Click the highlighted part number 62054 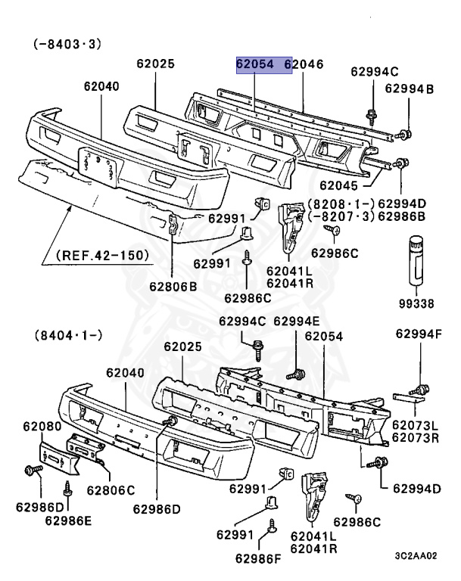(x=254, y=66)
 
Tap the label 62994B (x=410, y=89)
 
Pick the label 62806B (x=173, y=287)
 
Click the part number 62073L (x=416, y=425)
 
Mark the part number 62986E (x=69, y=520)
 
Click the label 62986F (x=260, y=559)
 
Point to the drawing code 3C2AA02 (x=416, y=556)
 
